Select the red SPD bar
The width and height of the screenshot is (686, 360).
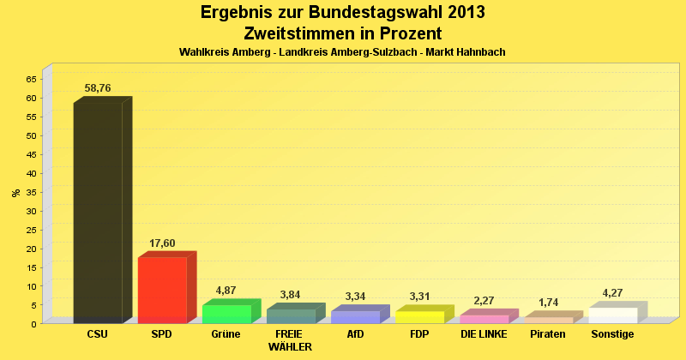click(x=162, y=290)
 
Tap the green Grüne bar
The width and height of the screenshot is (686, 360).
click(x=226, y=314)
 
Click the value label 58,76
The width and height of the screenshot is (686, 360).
click(x=98, y=88)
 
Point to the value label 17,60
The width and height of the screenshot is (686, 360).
click(x=162, y=243)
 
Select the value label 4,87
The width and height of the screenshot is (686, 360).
click(x=226, y=291)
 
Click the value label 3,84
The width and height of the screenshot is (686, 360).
click(x=291, y=295)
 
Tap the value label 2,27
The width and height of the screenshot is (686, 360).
click(x=484, y=301)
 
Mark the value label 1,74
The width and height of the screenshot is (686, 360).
click(x=549, y=303)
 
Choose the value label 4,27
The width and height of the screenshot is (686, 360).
click(x=613, y=293)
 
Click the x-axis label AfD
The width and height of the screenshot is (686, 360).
click(x=355, y=334)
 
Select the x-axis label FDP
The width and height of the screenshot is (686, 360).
click(x=419, y=334)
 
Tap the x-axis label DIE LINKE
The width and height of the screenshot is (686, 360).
click(x=484, y=334)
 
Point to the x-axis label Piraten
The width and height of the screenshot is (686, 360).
click(x=548, y=334)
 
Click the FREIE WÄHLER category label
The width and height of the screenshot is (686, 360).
click(x=290, y=340)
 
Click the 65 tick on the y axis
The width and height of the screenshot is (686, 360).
click(x=31, y=79)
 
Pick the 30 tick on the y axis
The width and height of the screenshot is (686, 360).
click(x=31, y=211)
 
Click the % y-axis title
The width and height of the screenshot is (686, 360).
click(x=16, y=193)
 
